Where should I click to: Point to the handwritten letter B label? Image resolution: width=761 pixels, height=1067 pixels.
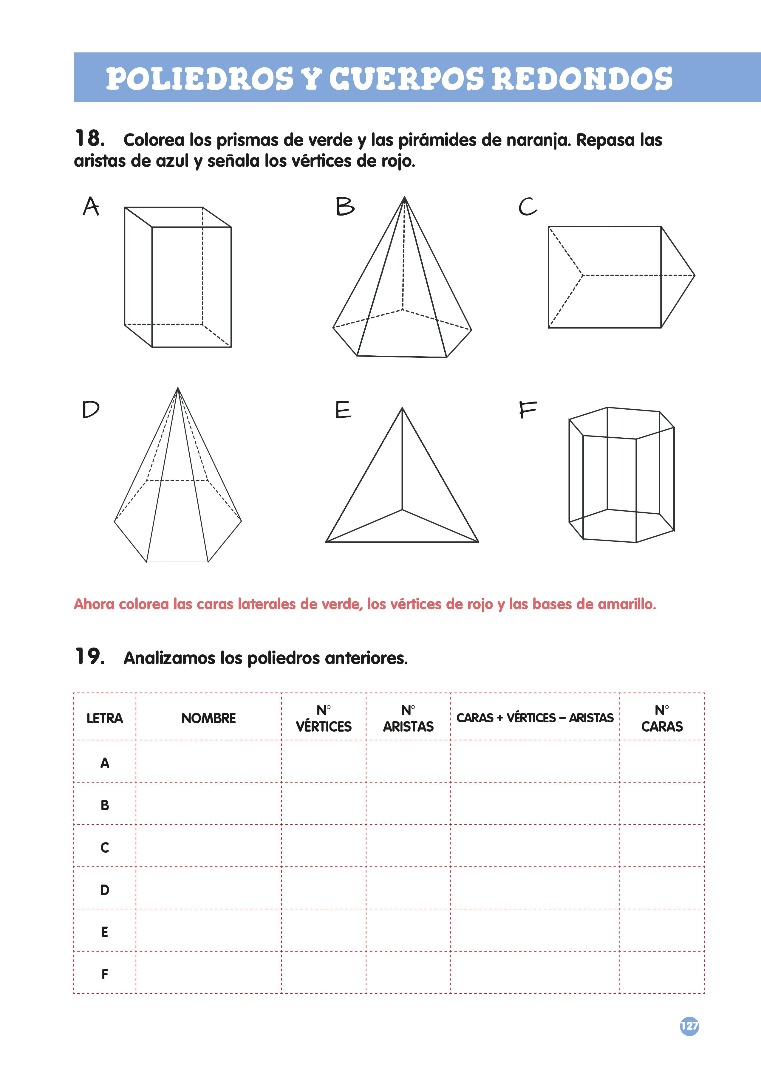pyautogui.click(x=345, y=207)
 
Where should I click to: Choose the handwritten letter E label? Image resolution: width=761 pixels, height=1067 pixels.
pyautogui.click(x=343, y=410)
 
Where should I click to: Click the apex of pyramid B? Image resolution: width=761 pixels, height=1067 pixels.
pyautogui.click(x=404, y=197)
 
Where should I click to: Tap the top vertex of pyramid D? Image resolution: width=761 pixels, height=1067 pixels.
pyautogui.click(x=178, y=388)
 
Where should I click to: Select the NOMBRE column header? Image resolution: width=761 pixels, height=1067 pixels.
pyautogui.click(x=208, y=718)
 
